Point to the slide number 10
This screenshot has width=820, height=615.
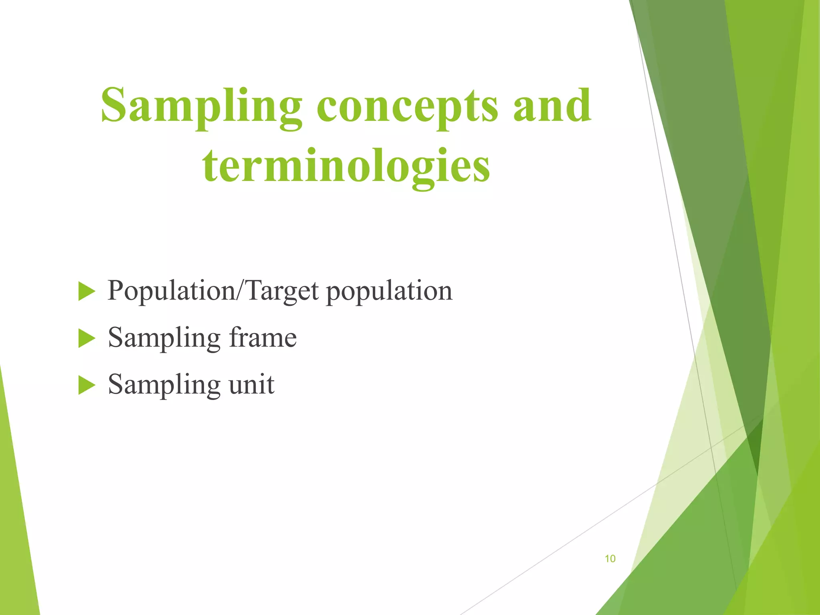[610, 559]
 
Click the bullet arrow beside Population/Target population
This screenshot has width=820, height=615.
[86, 291]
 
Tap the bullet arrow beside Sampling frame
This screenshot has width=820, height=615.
[86, 338]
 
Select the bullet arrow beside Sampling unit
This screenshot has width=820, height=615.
[86, 385]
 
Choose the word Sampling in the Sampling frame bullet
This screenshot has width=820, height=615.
[164, 339]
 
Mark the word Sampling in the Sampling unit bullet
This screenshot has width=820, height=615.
[164, 386]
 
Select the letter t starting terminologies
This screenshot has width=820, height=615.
[210, 166]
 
